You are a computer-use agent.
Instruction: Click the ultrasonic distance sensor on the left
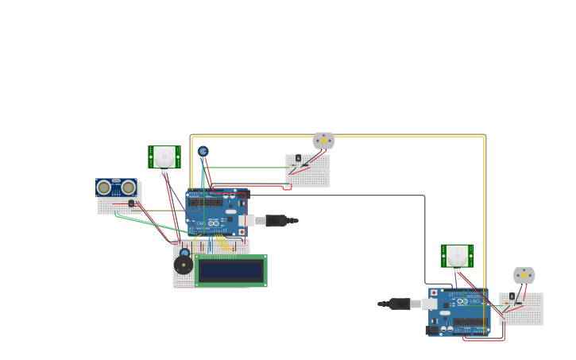[116, 188]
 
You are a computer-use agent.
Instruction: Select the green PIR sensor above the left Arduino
[164, 157]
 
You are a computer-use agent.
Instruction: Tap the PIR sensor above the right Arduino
[458, 256]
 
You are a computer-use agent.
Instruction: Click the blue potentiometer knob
[203, 151]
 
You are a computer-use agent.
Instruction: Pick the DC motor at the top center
[323, 141]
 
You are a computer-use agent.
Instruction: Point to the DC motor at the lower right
[524, 276]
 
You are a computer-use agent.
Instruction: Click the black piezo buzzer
[184, 265]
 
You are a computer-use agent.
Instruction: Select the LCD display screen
[230, 271]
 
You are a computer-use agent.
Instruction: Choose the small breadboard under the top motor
[307, 171]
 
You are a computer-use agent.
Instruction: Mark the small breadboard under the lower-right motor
[521, 309]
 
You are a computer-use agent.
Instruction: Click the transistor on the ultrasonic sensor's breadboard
[131, 203]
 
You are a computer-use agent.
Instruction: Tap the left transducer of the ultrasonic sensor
[104, 188]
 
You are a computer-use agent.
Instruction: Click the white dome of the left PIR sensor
[164, 155]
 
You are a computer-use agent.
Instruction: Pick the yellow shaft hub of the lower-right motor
[524, 275]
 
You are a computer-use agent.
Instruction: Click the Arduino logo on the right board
[463, 302]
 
